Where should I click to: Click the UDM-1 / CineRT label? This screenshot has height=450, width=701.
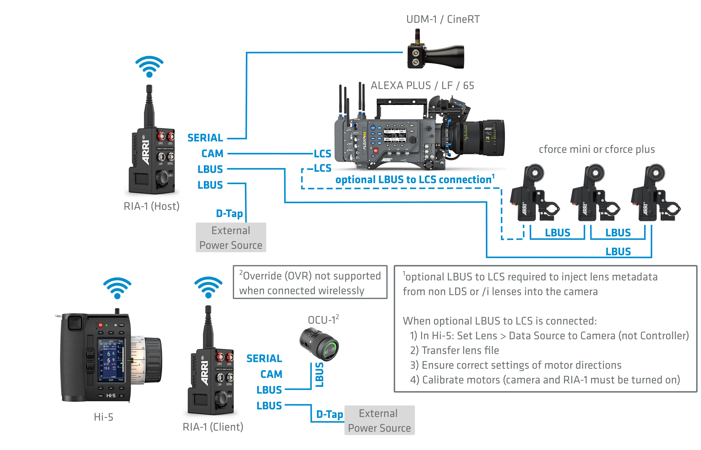click(x=443, y=19)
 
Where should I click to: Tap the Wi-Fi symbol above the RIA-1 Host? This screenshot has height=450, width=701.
click(x=149, y=67)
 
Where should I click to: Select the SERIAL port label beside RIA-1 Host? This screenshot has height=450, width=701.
click(x=205, y=138)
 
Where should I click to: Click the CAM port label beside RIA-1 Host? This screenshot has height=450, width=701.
click(x=212, y=154)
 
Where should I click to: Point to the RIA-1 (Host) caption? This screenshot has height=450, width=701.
click(x=151, y=206)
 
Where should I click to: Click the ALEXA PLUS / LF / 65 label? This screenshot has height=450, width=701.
click(x=422, y=86)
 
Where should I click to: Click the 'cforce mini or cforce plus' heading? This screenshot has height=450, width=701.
click(x=597, y=149)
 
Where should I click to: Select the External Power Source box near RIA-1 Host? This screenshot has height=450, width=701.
click(x=231, y=238)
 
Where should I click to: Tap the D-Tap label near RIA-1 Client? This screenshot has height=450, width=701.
click(x=330, y=414)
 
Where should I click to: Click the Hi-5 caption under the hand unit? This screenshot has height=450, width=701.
click(x=103, y=417)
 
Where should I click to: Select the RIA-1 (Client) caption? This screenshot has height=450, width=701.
click(x=213, y=427)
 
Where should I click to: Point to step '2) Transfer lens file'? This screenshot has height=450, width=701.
click(x=454, y=350)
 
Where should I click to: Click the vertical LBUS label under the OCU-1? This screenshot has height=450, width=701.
click(x=319, y=375)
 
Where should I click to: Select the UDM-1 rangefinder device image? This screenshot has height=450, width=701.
click(x=435, y=53)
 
